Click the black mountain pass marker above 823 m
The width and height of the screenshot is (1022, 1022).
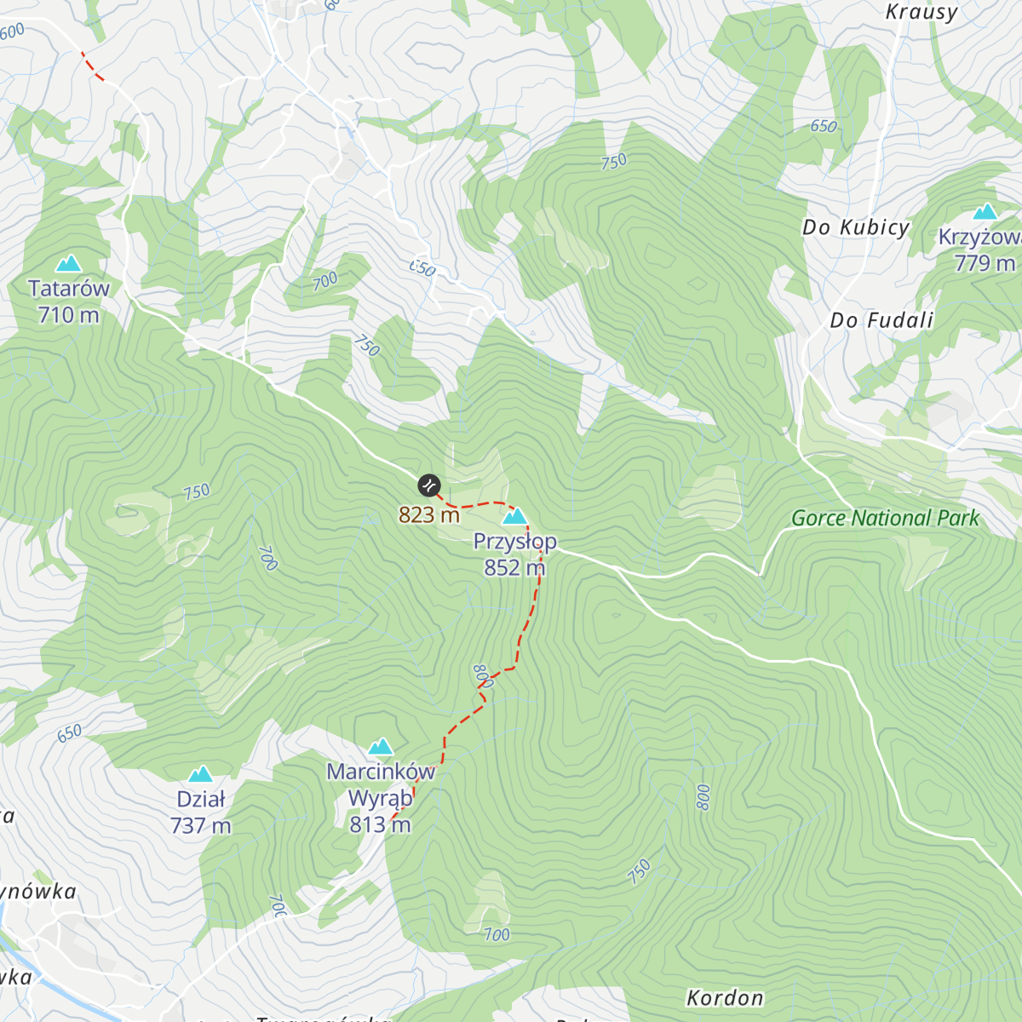[429, 485]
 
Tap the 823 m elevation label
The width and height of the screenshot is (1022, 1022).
[429, 514]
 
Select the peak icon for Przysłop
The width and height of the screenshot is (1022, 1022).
[514, 516]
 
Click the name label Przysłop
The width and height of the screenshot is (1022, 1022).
[515, 542]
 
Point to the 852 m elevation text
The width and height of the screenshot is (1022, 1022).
[514, 567]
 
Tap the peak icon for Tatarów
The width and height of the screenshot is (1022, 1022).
[67, 263]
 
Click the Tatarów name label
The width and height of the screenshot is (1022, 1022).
[69, 289]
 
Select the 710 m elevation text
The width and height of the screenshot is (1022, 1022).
[68, 315]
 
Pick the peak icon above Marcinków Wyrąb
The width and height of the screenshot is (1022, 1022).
[380, 747]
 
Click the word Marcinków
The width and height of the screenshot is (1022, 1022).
[381, 772]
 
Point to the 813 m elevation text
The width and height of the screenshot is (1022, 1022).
[380, 824]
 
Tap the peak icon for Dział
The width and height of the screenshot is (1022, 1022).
[200, 774]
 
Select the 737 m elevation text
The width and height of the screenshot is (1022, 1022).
[200, 825]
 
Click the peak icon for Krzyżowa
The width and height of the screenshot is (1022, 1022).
[985, 211]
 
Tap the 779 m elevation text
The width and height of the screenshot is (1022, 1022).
[985, 263]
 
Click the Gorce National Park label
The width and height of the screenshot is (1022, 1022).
[885, 518]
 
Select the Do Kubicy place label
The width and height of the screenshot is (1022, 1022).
[856, 227]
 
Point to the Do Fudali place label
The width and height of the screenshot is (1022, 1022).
[881, 320]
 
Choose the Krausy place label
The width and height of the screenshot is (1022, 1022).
[922, 12]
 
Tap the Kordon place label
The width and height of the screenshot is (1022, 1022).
[725, 997]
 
